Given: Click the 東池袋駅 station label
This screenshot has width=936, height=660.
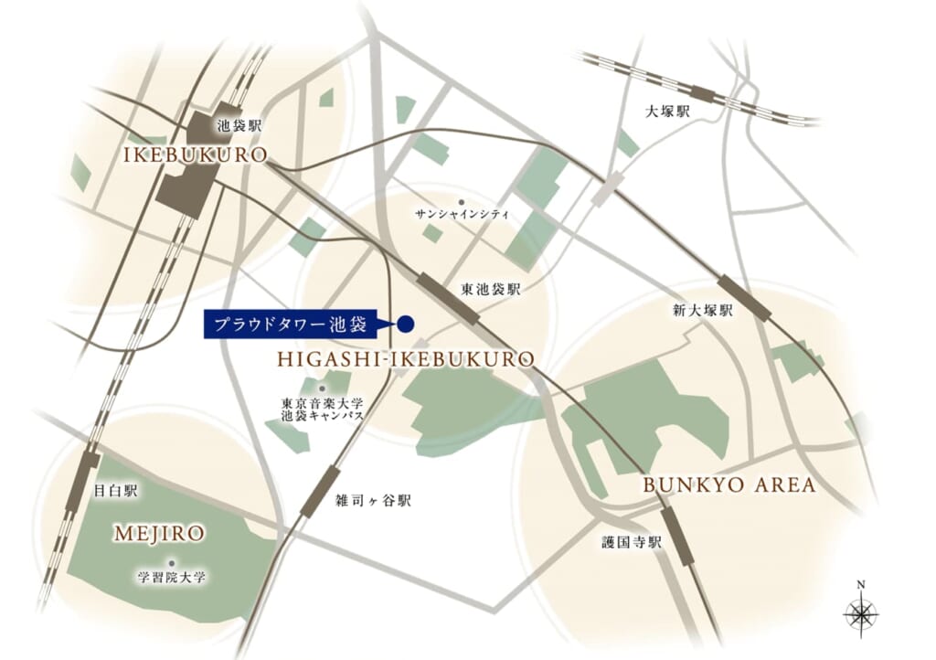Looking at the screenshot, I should tap(491, 289).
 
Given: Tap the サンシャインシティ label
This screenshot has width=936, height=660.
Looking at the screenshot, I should tap(462, 214).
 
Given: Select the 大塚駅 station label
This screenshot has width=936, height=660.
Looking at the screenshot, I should tap(667, 112).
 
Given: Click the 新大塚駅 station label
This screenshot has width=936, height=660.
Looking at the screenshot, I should tap(703, 311).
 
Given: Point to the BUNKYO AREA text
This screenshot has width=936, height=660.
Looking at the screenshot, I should tap(729, 484).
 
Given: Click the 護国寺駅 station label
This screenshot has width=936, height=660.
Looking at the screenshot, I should tap(631, 542).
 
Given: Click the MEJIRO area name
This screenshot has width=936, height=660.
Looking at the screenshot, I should tap(159, 532).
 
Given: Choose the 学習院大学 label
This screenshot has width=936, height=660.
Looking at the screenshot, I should tap(172, 578).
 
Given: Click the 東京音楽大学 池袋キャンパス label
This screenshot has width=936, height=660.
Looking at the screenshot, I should tap(322, 409).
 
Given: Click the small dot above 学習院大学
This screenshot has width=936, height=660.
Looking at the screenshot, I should tap(170, 563).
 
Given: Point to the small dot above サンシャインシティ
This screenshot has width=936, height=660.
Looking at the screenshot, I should tap(462, 201).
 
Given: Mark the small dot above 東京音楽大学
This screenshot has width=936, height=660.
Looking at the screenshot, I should tap(322, 389).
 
